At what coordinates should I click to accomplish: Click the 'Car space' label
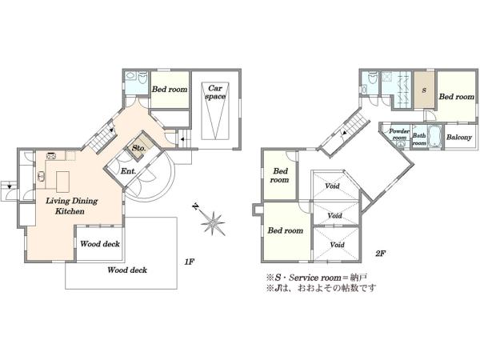click(x=215, y=92)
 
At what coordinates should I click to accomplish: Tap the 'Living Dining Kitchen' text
click(x=72, y=206)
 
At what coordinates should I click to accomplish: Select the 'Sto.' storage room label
click(x=138, y=148)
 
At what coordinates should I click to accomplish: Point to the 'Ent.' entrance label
click(x=128, y=171)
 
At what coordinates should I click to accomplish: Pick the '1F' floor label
click(x=190, y=262)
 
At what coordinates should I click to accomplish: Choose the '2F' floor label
click(x=380, y=253)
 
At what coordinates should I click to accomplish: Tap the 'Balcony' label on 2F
click(x=459, y=137)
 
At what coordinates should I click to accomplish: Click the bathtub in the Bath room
click(x=434, y=137)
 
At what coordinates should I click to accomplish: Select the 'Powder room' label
click(x=399, y=134)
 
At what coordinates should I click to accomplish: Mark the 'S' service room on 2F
click(x=424, y=90)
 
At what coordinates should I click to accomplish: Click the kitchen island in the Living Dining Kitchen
click(x=62, y=182)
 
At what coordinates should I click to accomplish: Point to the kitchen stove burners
click(x=51, y=155)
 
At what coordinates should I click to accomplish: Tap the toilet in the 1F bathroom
click(x=142, y=78)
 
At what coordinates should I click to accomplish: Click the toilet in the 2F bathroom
click(x=373, y=78)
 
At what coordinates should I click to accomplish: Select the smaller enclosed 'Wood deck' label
click(x=100, y=244)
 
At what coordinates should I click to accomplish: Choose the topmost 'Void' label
click(x=332, y=186)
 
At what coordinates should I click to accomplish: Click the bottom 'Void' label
click(x=337, y=245)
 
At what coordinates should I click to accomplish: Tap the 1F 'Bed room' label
click(x=170, y=90)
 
